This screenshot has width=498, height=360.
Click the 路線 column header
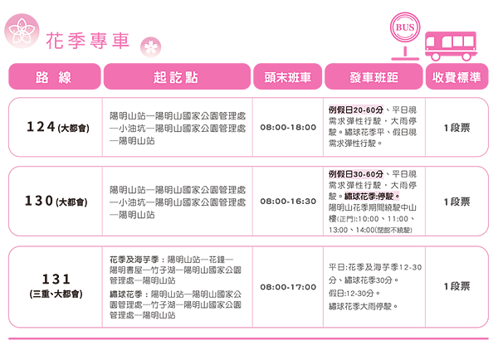point(54,77)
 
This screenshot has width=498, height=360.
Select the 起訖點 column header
point(176,77)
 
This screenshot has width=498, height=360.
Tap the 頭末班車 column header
point(287,77)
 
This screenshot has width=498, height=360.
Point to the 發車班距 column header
point(373,77)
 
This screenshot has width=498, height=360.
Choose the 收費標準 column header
point(456,77)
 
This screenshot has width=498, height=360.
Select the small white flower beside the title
point(150,45)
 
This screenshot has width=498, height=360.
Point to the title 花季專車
point(86,40)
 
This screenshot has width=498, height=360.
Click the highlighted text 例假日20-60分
point(355,109)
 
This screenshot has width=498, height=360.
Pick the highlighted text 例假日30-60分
point(356,175)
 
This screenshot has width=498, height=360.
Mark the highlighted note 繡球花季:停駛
point(372,197)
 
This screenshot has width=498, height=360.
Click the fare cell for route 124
point(456,127)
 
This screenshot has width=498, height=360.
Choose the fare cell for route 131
point(456,286)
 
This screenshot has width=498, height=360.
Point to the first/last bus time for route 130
point(287,201)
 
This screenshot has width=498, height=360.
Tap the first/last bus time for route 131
point(287,286)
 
